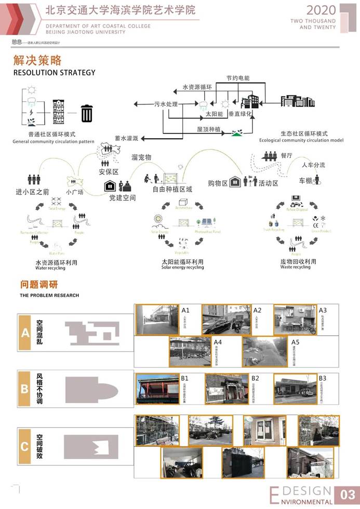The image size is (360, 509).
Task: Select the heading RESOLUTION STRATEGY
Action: point(55,73)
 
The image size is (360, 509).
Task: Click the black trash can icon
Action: point(87,113)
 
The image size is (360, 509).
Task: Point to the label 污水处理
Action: point(166,104)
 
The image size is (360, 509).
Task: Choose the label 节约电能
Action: point(237,78)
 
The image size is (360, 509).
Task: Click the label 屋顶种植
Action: point(209,128)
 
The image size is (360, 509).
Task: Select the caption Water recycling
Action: point(50,269)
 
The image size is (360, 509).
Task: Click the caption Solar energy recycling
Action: point(182,268)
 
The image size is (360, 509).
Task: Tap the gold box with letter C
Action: point(25,447)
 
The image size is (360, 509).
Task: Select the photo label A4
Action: point(218,342)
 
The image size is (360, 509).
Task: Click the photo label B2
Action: point(255,378)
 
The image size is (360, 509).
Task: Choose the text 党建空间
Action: point(122,198)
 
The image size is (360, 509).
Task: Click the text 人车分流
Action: point(313,165)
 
